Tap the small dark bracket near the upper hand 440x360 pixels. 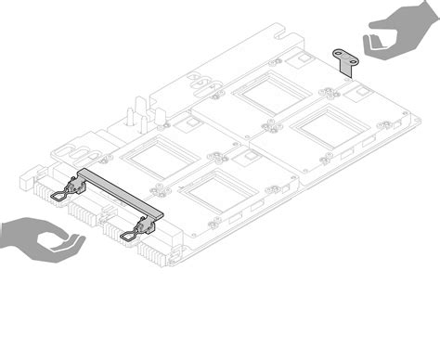tap(348, 59)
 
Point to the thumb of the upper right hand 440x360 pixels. tap(374, 43)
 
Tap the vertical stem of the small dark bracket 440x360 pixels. tap(350, 67)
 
